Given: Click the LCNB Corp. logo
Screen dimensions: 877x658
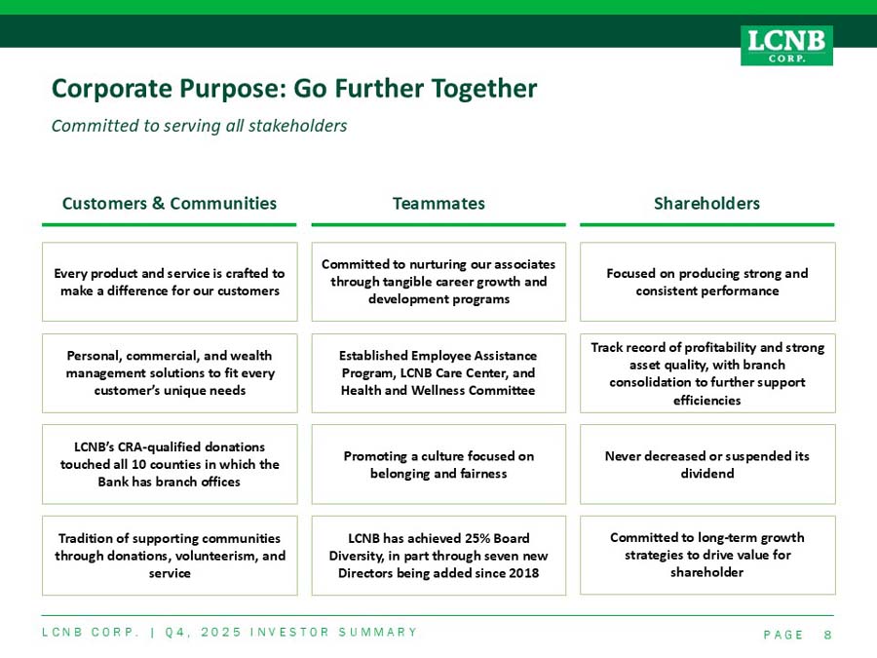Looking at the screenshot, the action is point(786,45).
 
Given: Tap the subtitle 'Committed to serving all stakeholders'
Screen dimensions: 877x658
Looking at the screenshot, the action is point(199,126).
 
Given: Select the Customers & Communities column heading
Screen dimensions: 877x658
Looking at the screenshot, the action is point(170,203).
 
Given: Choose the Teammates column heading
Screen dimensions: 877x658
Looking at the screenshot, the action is point(438,203).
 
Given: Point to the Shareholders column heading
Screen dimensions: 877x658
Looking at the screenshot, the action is point(707,203).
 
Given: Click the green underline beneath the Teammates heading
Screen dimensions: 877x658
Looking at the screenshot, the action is point(438,225).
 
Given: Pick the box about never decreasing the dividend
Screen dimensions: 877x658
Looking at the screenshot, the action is point(707,464).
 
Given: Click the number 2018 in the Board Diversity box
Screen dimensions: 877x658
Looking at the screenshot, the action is point(524,573).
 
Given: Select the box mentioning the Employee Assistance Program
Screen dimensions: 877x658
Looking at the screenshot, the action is point(438,373).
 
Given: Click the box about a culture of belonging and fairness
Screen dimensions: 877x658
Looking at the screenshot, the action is point(438,464).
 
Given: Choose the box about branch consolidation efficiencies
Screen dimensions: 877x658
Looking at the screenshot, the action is point(707,373).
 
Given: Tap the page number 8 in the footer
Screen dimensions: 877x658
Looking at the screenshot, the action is point(827,635).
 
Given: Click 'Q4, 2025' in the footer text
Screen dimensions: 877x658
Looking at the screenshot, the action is point(204,633).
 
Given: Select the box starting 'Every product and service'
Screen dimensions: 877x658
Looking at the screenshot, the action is point(170,282).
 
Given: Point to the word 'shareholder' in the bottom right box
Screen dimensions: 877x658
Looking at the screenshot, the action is point(707,572).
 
